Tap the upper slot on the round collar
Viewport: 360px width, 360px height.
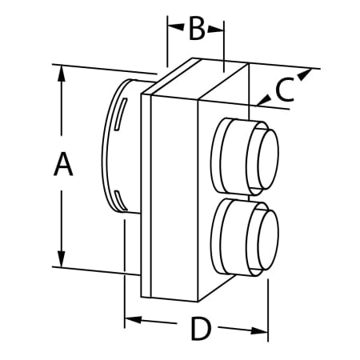[119, 111]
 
